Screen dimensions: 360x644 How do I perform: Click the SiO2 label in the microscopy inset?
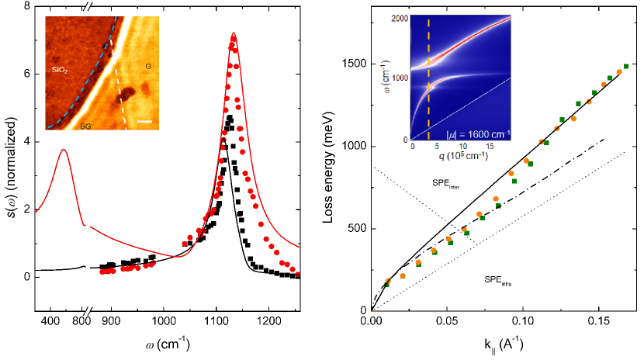(x=59, y=59)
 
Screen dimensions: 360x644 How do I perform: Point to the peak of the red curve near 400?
(x=63, y=150)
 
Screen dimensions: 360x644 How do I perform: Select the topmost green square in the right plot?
(x=626, y=67)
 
